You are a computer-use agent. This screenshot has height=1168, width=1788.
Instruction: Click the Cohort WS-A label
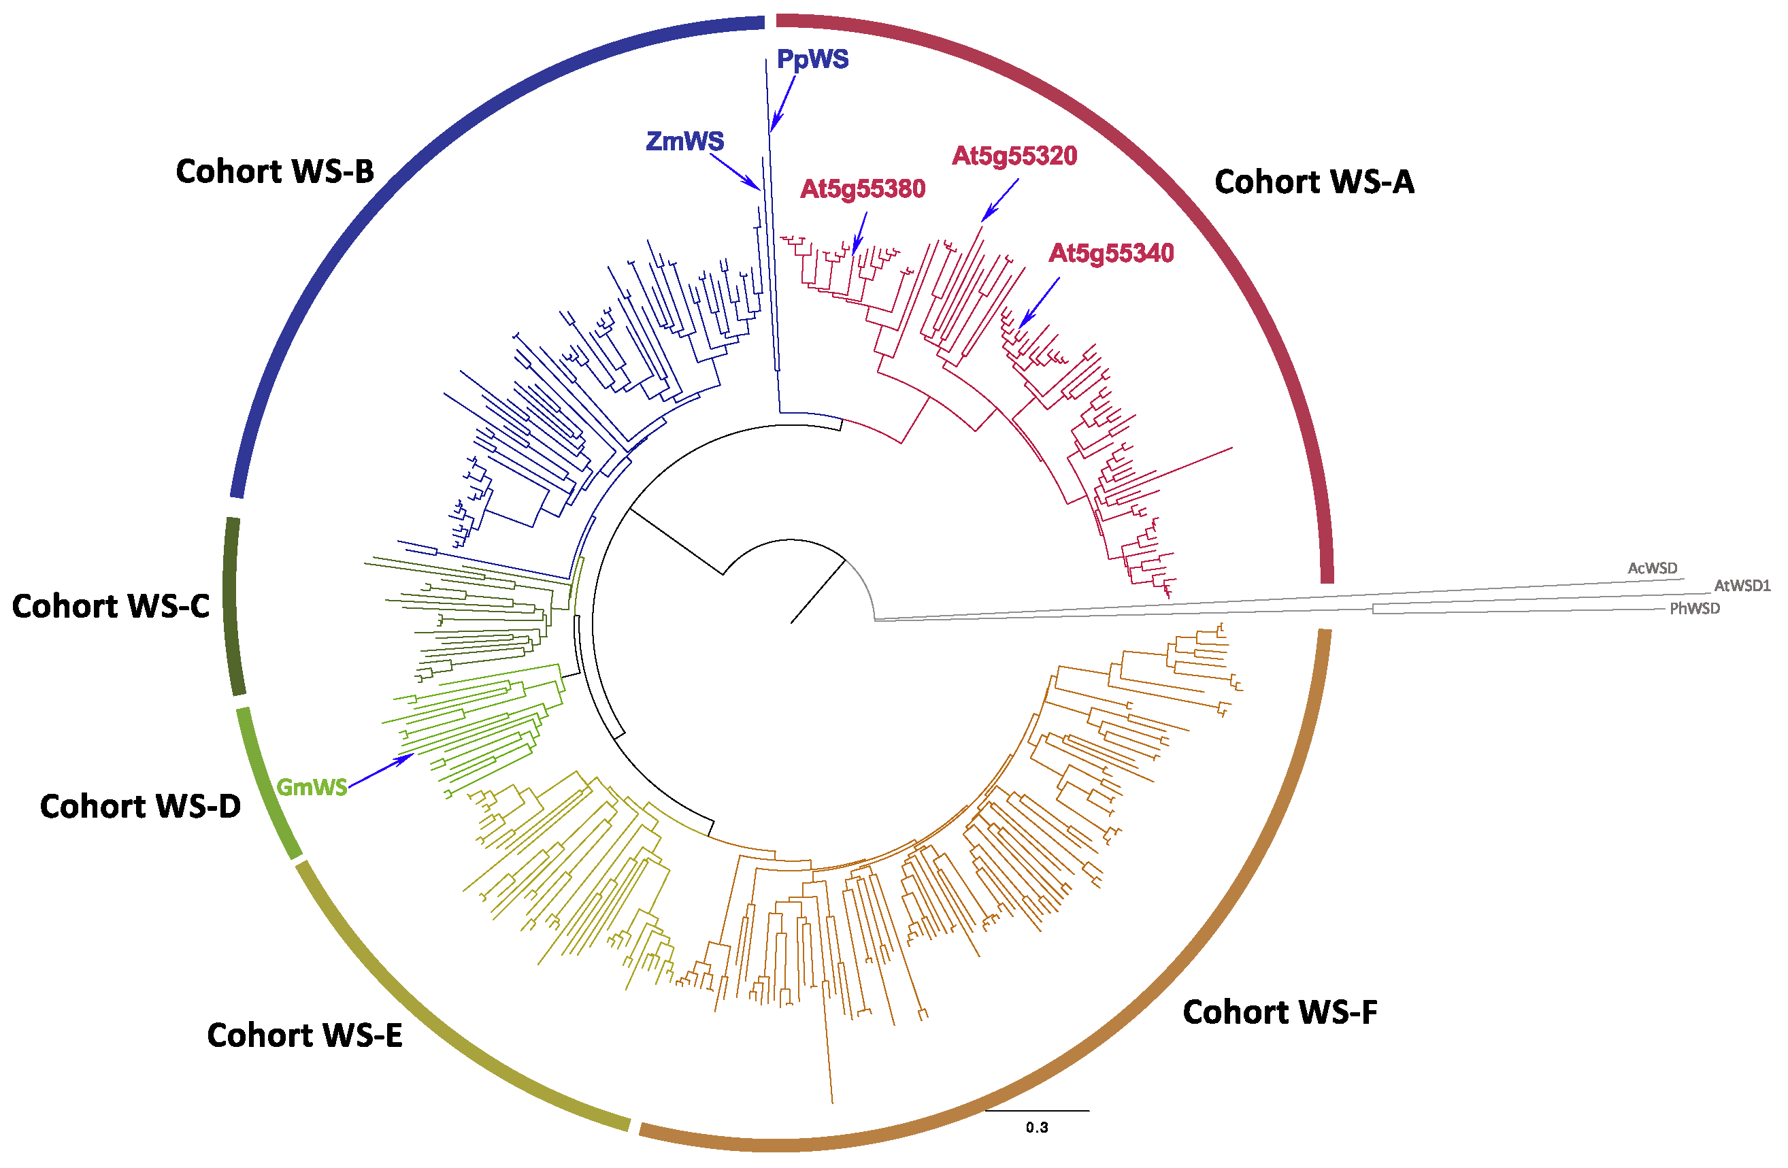click(1314, 182)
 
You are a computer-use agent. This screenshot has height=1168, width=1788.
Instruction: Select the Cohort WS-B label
click(275, 172)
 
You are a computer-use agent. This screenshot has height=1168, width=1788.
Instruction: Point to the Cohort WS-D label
click(140, 807)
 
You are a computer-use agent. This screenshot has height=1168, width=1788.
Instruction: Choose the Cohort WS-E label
click(304, 1036)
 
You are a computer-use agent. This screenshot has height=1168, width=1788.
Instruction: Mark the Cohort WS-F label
click(1279, 1012)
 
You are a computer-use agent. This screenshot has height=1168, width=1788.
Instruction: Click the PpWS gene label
click(812, 59)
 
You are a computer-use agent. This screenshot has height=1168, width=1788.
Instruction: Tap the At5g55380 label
click(863, 189)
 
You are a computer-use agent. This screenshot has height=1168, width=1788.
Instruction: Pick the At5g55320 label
click(1014, 156)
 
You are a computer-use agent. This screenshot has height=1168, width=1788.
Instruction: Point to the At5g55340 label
click(1111, 254)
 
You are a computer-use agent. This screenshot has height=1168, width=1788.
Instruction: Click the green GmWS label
click(312, 787)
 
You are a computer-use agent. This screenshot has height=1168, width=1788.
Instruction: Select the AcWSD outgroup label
click(1652, 569)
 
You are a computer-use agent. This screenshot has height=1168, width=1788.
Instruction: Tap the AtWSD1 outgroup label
click(1742, 586)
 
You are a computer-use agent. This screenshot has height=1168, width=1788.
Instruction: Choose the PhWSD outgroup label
click(1694, 608)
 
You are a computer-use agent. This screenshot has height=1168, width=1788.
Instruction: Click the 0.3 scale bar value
click(1037, 1127)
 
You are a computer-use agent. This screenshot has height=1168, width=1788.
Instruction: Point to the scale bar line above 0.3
click(1037, 1111)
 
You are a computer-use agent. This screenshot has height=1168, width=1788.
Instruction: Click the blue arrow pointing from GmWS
click(381, 771)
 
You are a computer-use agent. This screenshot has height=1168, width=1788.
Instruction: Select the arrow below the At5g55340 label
click(1040, 302)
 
